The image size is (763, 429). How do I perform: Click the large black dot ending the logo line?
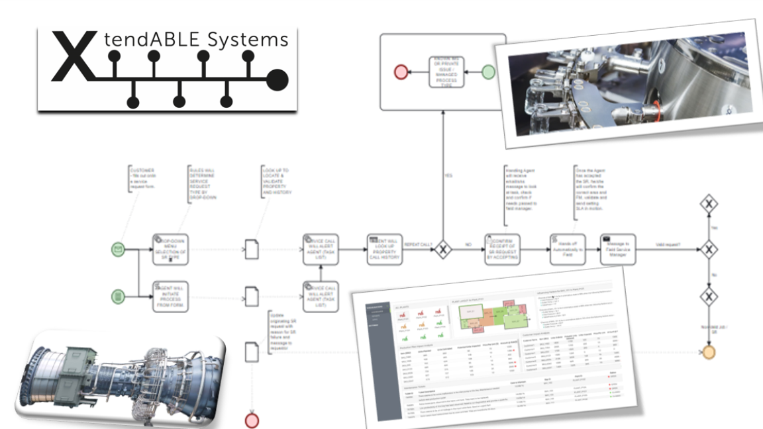pos(278,80)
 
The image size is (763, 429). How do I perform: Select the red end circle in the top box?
pos(401,71)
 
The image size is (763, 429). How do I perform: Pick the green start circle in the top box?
pos(488,71)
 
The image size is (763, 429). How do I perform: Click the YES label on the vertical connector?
pos(448,175)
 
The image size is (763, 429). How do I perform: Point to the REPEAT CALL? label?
pos(418,244)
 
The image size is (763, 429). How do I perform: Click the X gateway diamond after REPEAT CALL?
pos(442,250)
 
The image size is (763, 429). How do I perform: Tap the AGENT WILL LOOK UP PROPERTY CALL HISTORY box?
pos(384,250)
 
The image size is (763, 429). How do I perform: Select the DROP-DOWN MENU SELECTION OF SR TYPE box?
pos(170,250)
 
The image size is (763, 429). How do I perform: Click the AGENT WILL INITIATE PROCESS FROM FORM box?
pos(170,295)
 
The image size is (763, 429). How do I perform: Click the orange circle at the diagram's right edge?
pos(709,352)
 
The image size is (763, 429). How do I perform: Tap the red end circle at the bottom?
pos(252,420)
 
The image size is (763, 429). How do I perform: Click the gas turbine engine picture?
pos(119,377)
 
